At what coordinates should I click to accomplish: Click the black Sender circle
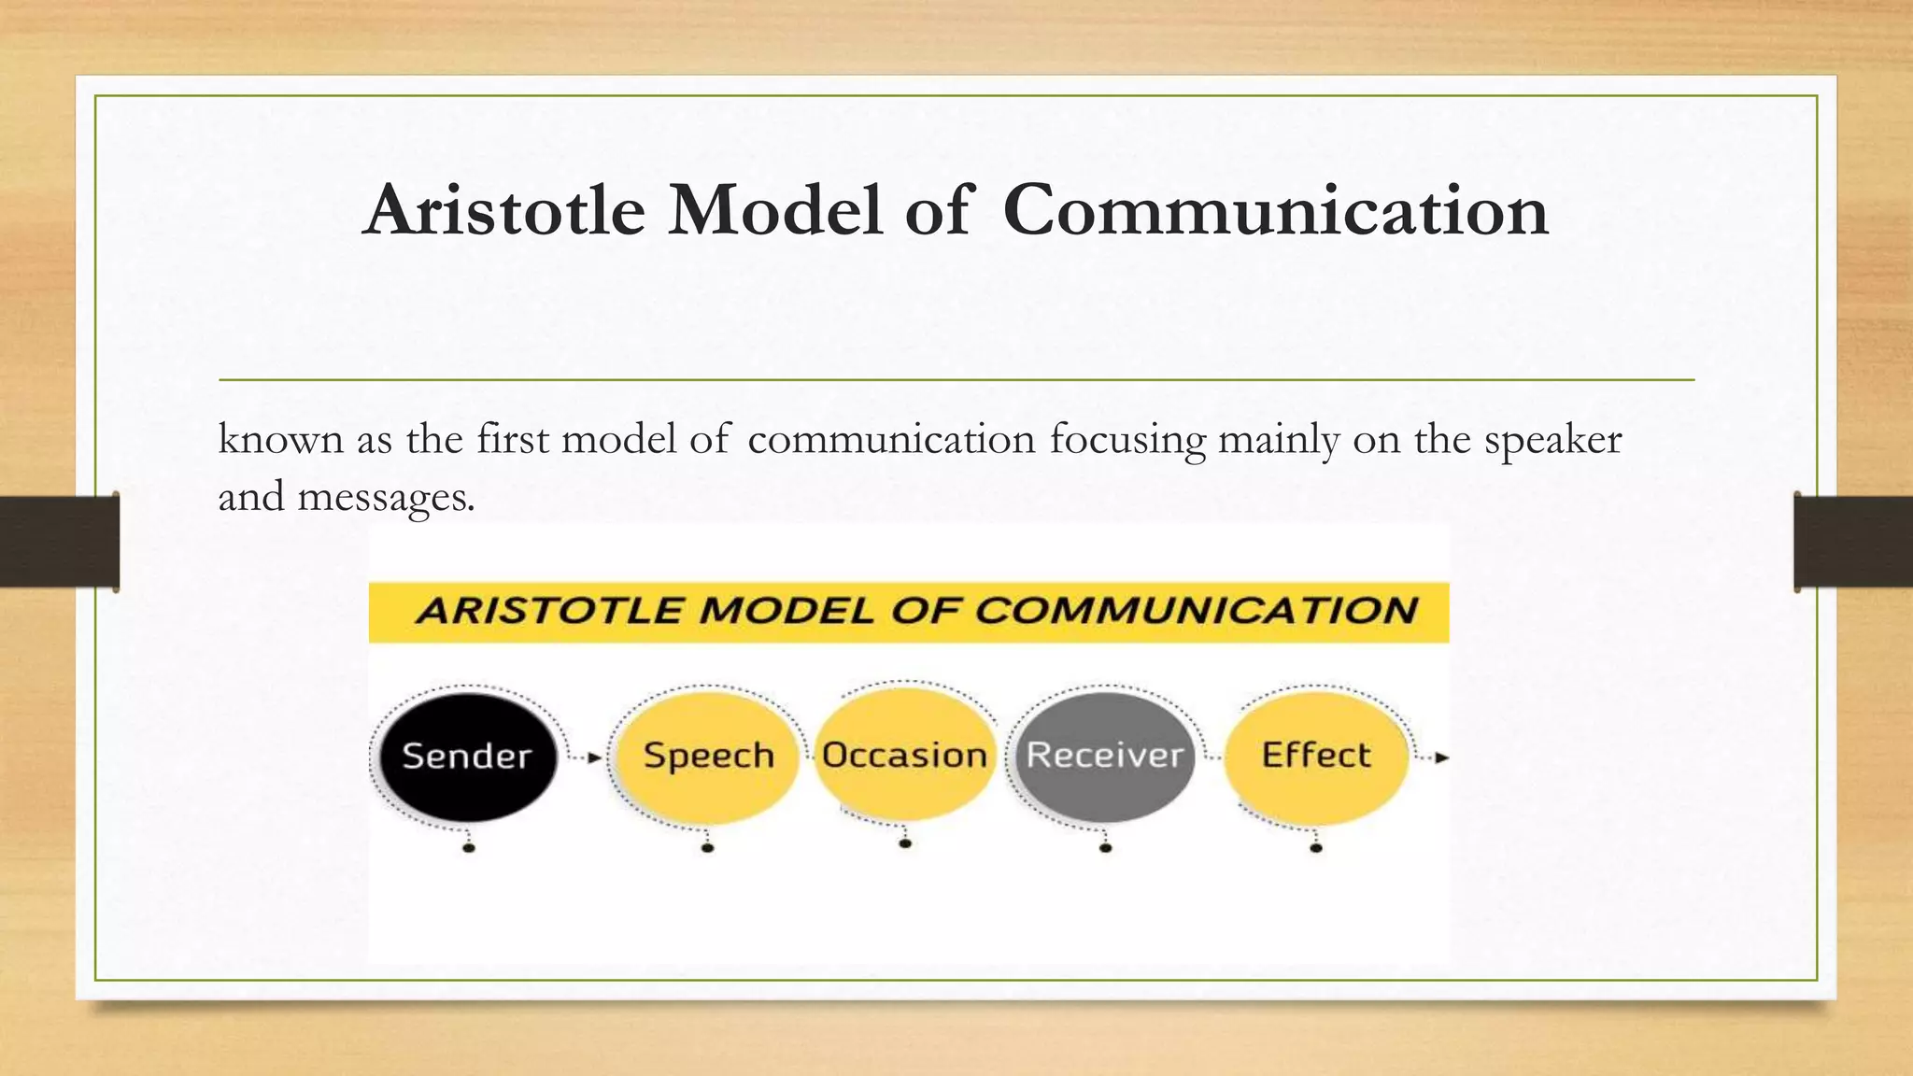pos(467,757)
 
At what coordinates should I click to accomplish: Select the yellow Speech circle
pos(708,757)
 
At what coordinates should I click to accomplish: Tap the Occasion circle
pos(904,755)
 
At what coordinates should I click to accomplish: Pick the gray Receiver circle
pos(1104,757)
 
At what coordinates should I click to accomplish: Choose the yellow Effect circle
pos(1315,757)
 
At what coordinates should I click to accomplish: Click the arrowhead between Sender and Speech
pos(595,757)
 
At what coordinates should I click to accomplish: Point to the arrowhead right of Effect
pos(1441,757)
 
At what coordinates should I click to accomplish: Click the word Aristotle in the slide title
pos(504,210)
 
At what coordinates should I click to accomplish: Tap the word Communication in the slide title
pos(1275,210)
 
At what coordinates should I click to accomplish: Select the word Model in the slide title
pos(774,210)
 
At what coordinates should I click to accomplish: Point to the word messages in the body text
pos(385,497)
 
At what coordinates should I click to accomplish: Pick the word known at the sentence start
pos(280,439)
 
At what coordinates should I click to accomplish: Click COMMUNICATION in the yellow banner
pos(1196,611)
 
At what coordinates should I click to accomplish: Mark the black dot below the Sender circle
pos(469,847)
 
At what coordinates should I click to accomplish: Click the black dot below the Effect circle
pos(1316,847)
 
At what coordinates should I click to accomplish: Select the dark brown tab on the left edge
pos(59,542)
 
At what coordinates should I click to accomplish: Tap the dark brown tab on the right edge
pos(1853,542)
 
